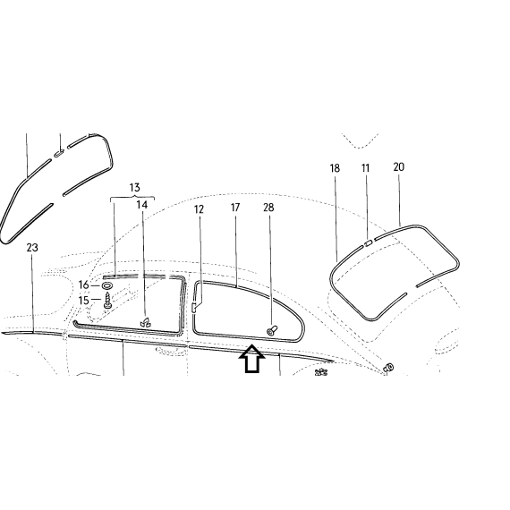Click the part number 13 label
pos(134,188)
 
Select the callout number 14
pos(141,205)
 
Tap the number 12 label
pos(199,209)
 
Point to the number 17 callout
pos(235,208)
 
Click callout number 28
pos(268,208)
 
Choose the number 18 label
pos(335,168)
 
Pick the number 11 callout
pos(366,168)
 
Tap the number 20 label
pos(399,167)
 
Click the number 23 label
pos(32,248)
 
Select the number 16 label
pos(83,285)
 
